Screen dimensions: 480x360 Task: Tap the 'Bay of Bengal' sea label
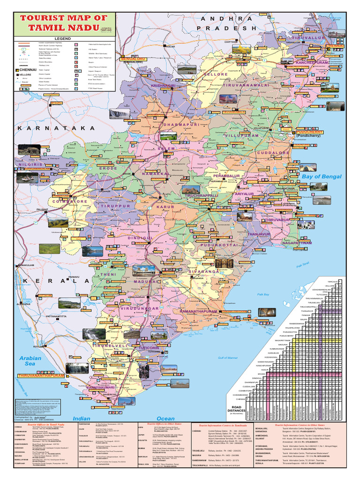click(322, 177)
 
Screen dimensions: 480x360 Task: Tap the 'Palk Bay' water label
click(264, 294)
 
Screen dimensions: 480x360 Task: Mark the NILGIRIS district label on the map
click(33, 165)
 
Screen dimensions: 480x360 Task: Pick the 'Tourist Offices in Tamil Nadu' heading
click(49, 423)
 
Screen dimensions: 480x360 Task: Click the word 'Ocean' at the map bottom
click(165, 419)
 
